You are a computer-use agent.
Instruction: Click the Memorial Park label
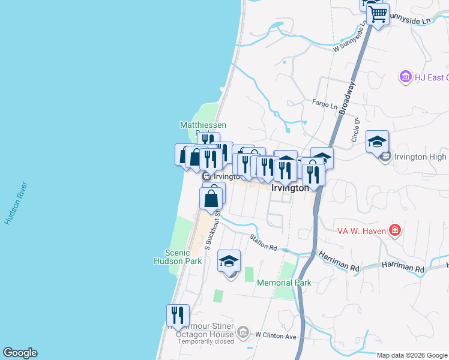pos(285,283)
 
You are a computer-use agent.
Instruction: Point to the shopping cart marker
pos(378,14)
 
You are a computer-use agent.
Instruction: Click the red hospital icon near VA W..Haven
pos(394,230)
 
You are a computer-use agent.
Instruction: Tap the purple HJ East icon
pos(406,77)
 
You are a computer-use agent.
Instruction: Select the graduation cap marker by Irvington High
pos(377,142)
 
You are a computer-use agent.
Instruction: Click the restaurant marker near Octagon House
pos(178,315)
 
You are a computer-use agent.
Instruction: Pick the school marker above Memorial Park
pos(229,261)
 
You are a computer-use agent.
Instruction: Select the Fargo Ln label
pos(325,104)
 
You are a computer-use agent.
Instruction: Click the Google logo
pos(20,353)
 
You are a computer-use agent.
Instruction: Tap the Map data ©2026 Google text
pos(412,355)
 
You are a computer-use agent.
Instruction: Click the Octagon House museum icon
pos(243,331)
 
